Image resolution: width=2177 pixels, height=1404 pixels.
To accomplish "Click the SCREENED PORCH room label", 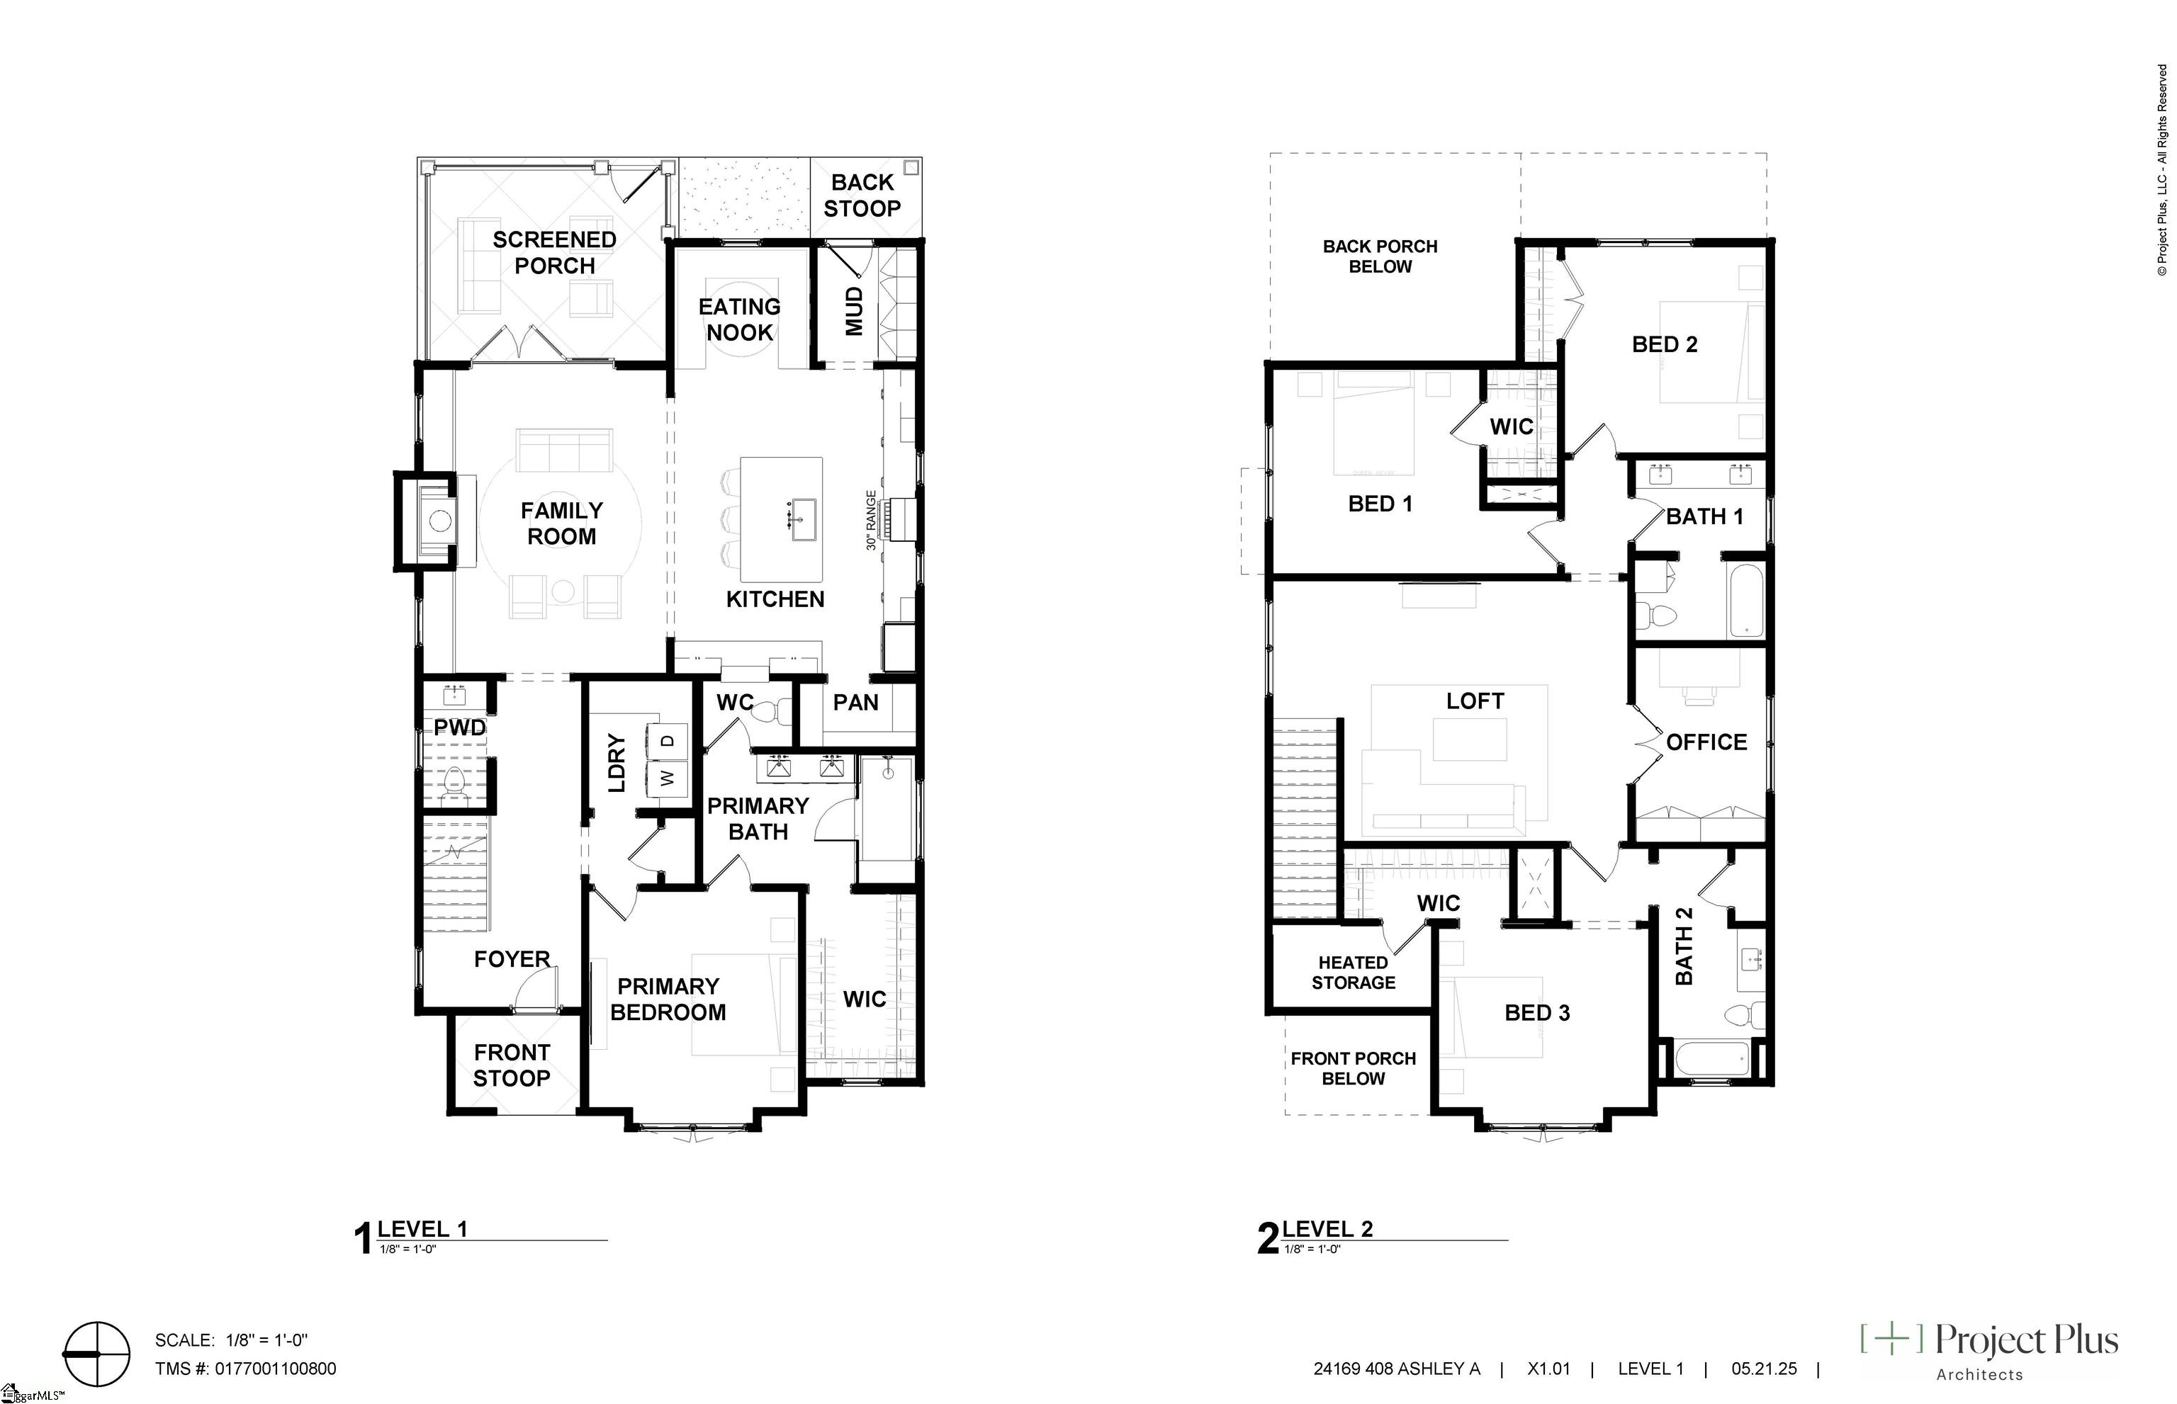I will pyautogui.click(x=554, y=253).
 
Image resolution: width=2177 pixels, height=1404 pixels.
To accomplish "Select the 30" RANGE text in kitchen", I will pyautogui.click(x=871, y=521).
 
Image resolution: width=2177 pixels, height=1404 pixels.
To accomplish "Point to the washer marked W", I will pyautogui.click(x=668, y=778).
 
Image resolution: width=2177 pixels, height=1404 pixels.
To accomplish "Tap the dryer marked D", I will pyautogui.click(x=668, y=740).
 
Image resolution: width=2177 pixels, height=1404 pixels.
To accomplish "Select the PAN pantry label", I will pyautogui.click(x=855, y=702).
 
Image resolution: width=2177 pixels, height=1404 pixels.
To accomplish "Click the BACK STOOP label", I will pyautogui.click(x=862, y=195).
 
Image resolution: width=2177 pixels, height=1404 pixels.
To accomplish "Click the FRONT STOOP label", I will pyautogui.click(x=512, y=1065).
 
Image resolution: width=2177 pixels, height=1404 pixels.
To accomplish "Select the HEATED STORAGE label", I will pyautogui.click(x=1353, y=972).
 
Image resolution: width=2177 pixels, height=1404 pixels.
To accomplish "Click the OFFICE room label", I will pyautogui.click(x=1706, y=742).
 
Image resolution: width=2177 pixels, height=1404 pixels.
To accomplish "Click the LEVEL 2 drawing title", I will pyautogui.click(x=1327, y=1229).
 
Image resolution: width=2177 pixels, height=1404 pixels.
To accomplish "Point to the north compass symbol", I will pyautogui.click(x=96, y=1354).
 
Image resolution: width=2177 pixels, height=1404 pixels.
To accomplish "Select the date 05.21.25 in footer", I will pyautogui.click(x=1764, y=1369).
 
